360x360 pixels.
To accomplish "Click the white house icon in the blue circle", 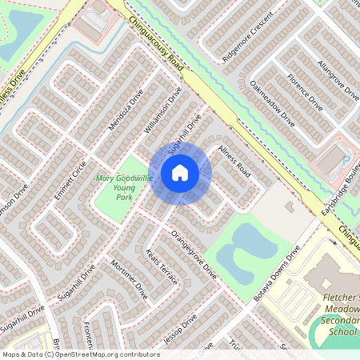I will click(x=180, y=172).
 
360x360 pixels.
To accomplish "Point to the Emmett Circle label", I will click(x=70, y=182).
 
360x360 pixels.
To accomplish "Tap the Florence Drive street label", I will click(x=306, y=92).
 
